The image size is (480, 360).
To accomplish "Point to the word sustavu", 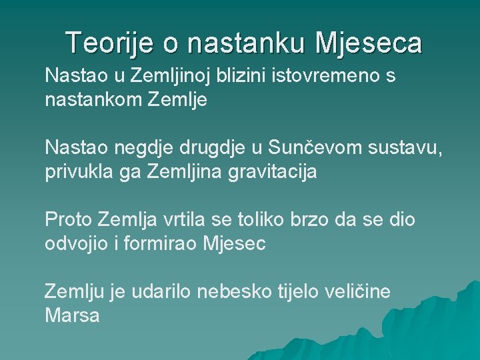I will [395, 147].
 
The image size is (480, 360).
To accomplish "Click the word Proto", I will [69, 219].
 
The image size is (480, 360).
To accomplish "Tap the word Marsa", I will [72, 315].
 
